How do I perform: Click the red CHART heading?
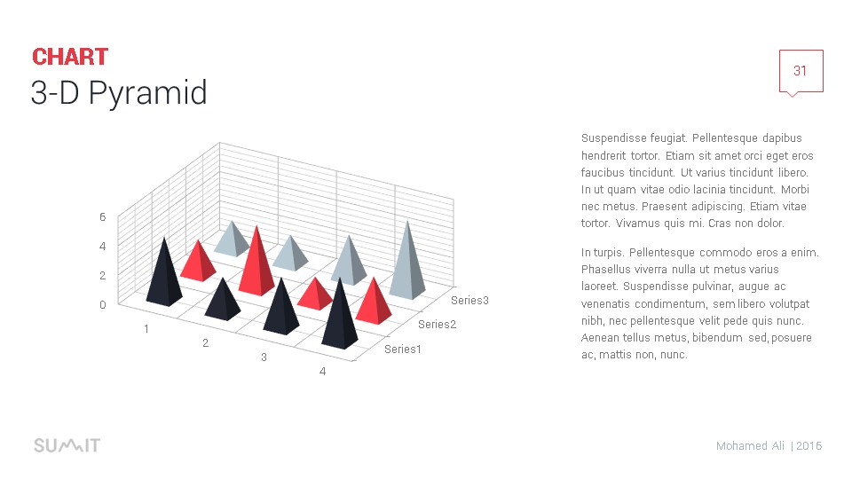(70, 57)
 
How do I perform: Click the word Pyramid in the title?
(148, 93)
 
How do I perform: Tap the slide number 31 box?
(801, 71)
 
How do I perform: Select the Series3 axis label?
(469, 301)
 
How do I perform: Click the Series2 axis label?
(437, 325)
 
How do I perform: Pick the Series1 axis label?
(403, 349)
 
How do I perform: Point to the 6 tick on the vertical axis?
(103, 217)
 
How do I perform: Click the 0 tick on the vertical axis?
(103, 305)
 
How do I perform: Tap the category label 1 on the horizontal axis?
(146, 328)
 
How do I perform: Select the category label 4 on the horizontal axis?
(323, 372)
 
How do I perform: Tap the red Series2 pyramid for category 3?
(315, 296)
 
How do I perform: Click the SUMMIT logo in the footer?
(67, 446)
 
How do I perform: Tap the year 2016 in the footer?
(809, 446)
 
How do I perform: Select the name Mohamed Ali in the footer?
(751, 446)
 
